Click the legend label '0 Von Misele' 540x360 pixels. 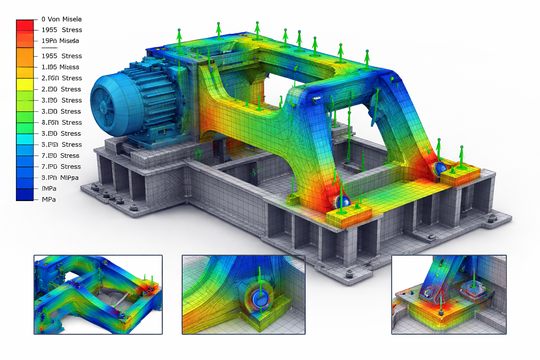pos(61,19)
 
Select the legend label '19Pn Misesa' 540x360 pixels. pos(60,41)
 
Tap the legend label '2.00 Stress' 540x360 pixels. pos(61,89)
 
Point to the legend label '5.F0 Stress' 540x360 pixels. pos(62,144)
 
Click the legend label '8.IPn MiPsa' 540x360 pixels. pos(60,178)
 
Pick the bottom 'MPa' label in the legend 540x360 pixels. pos(49,199)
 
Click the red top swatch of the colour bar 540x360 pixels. pos(25,26)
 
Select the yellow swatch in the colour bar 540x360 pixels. pos(25,85)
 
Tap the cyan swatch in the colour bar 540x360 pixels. pos(25,140)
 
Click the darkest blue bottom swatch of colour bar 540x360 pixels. pos(25,195)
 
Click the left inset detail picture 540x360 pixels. pos(98,295)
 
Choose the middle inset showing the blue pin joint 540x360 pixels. pos(243,295)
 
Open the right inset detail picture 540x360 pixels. pos(449,295)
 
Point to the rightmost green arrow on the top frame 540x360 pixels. pos(367,60)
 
